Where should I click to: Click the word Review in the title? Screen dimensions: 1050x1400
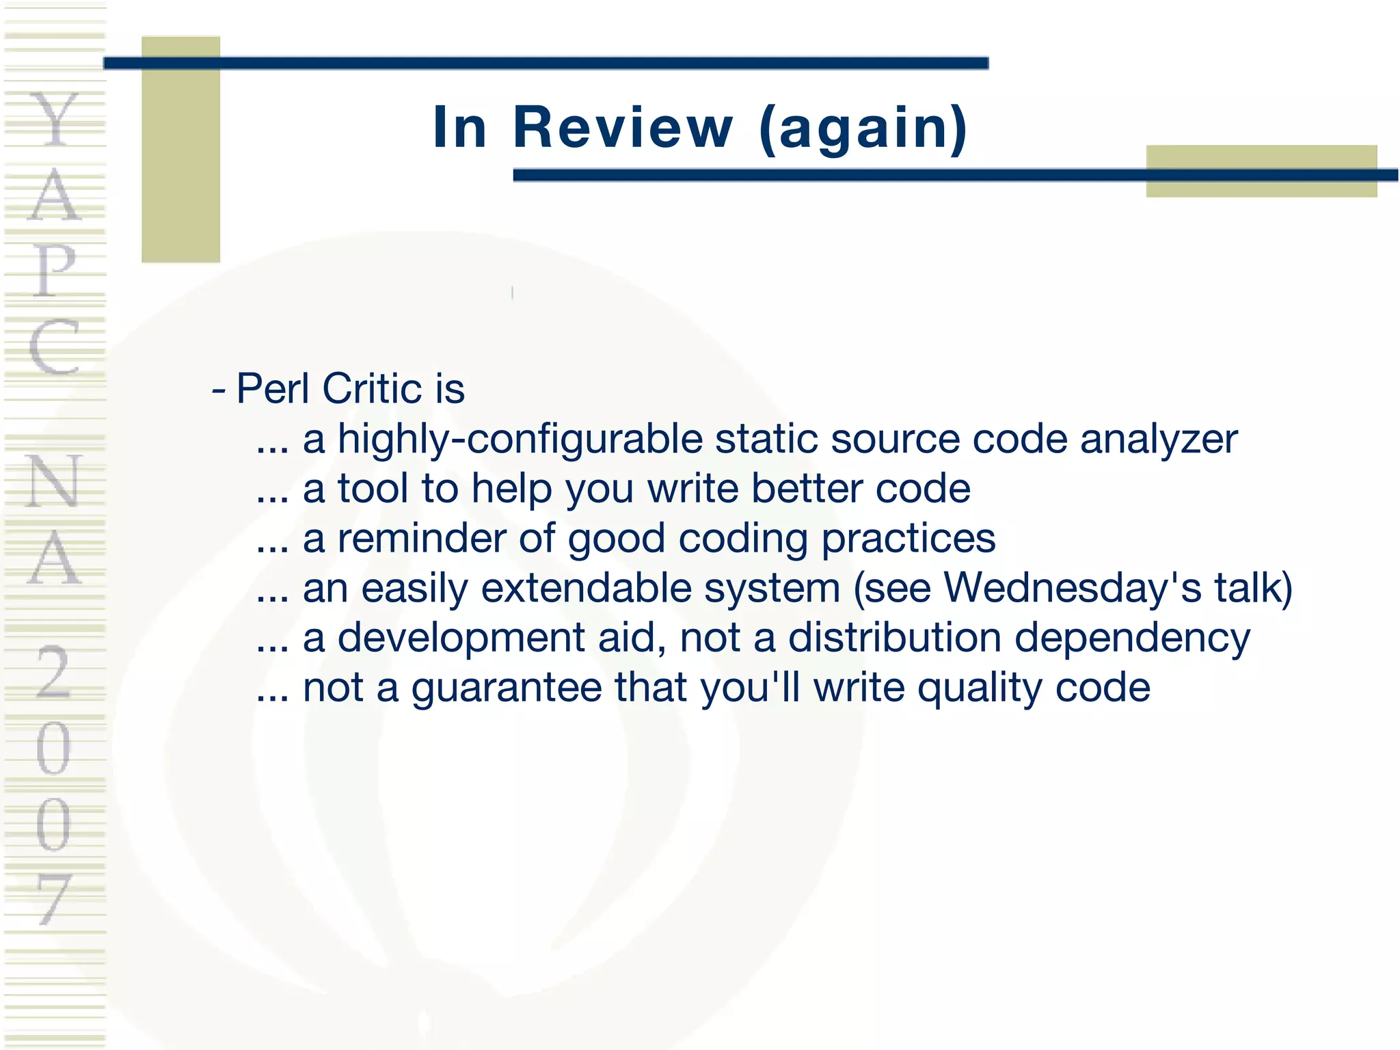(x=623, y=128)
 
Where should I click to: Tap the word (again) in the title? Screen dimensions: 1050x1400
(x=863, y=128)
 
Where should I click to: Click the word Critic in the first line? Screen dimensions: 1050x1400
(x=372, y=389)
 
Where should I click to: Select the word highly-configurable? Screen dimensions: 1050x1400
(x=520, y=440)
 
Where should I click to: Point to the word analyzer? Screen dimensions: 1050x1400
(x=1159, y=440)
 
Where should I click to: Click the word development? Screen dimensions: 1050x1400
(x=461, y=638)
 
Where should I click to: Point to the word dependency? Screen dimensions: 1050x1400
(x=1132, y=638)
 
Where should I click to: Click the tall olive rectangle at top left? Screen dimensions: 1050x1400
(x=180, y=150)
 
